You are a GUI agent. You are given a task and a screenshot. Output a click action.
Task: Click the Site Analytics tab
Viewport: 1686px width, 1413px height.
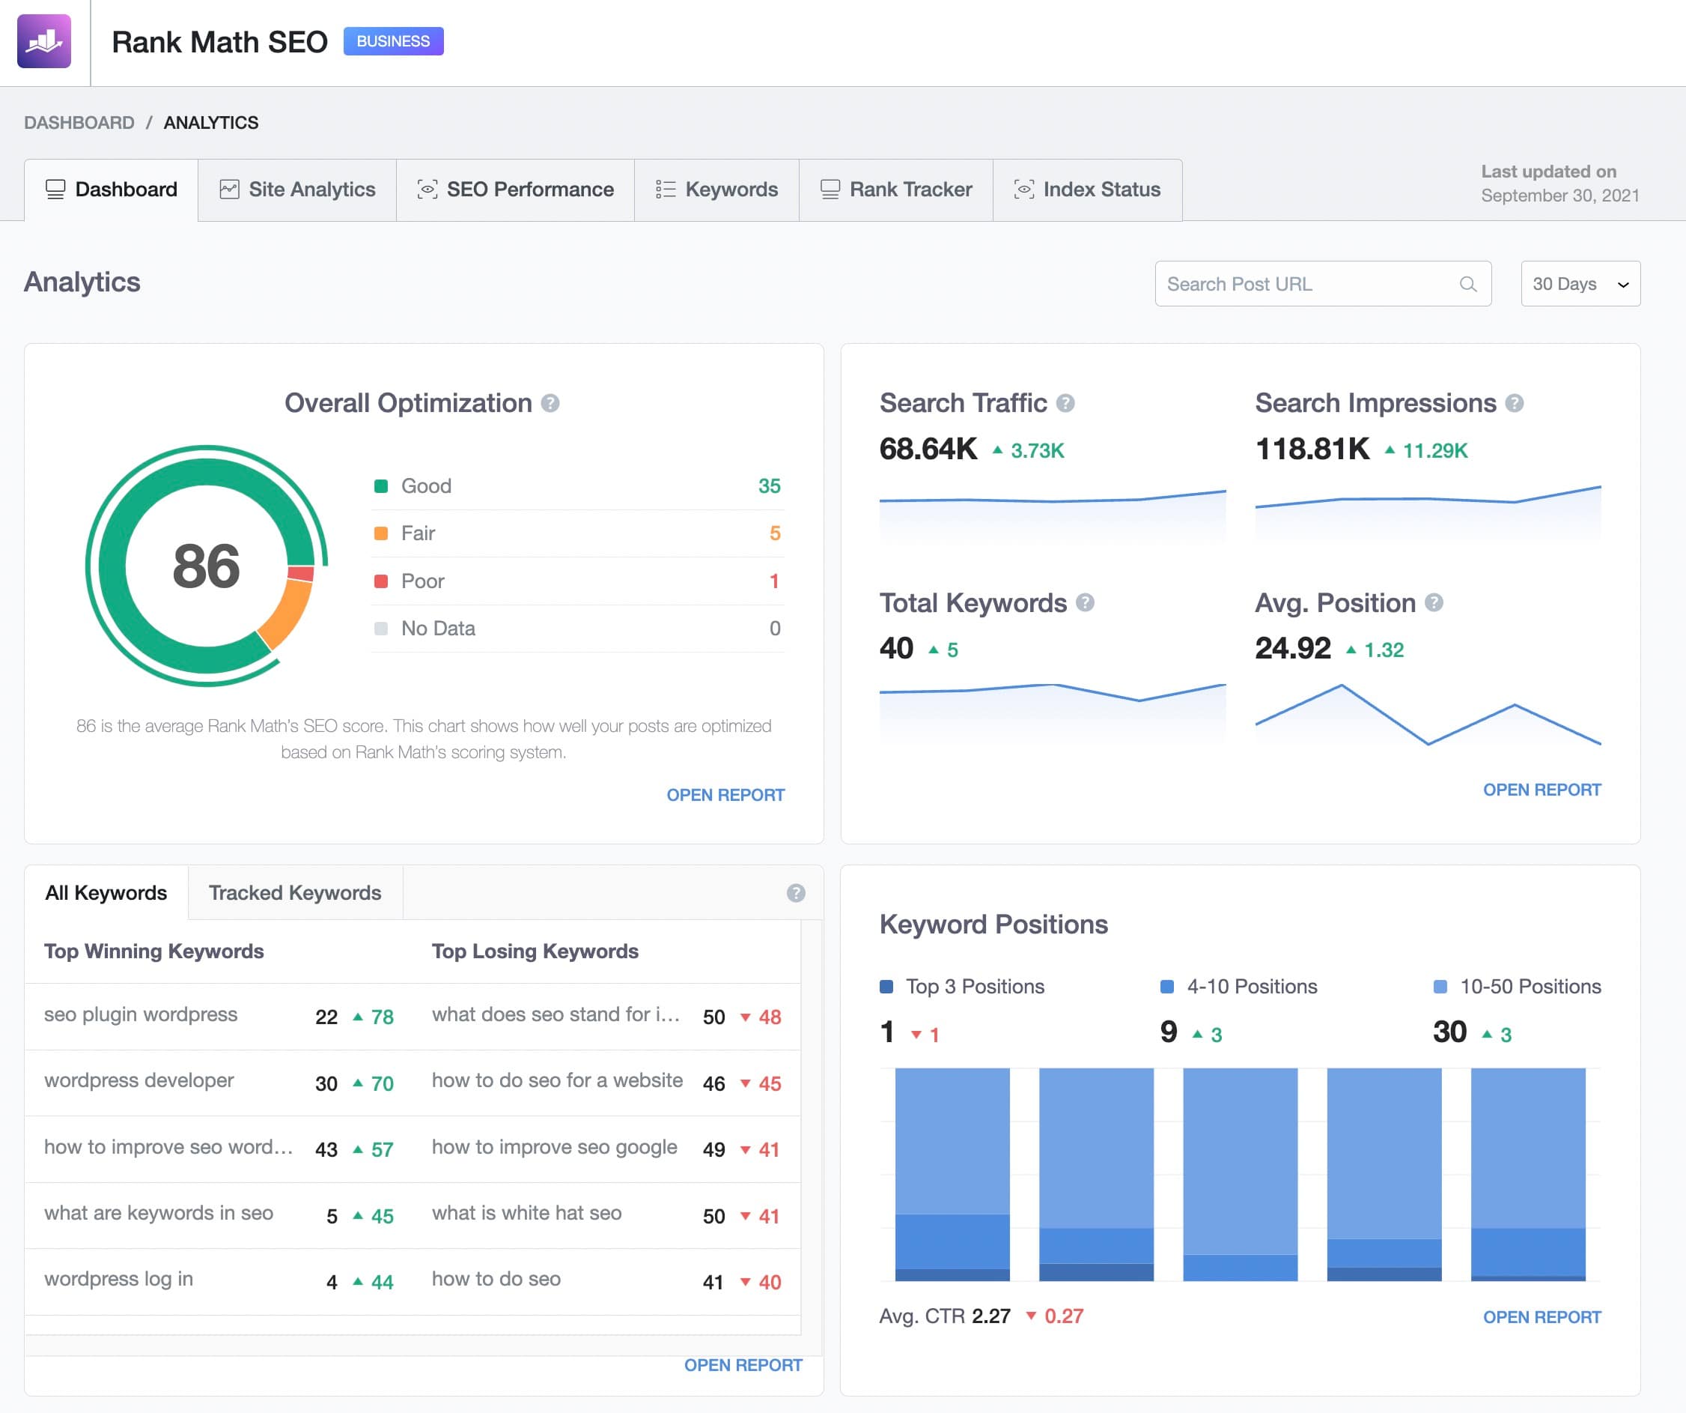tap(297, 190)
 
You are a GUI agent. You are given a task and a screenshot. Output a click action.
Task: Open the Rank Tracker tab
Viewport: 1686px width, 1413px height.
tap(896, 190)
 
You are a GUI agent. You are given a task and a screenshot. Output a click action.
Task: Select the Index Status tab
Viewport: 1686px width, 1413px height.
tap(1088, 190)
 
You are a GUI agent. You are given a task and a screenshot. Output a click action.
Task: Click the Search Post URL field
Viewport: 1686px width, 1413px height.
tap(1309, 283)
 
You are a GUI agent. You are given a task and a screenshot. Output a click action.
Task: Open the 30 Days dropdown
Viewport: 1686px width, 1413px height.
tap(1579, 283)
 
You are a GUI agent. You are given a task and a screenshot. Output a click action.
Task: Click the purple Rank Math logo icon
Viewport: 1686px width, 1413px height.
tap(44, 41)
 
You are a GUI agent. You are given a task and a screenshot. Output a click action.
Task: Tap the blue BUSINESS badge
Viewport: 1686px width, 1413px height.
tap(392, 41)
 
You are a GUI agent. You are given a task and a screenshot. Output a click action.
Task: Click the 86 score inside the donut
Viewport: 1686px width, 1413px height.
tap(207, 566)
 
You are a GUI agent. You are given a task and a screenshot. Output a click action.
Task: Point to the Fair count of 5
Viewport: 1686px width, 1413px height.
tap(775, 533)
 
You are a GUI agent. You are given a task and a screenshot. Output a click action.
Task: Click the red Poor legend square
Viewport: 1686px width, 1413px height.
tap(381, 581)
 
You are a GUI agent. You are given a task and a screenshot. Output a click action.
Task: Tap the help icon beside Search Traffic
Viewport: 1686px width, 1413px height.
tap(1065, 403)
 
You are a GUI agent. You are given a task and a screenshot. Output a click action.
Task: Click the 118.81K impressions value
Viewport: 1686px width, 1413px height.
tap(1312, 449)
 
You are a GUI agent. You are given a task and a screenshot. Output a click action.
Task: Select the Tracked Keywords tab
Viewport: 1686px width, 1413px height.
tap(295, 892)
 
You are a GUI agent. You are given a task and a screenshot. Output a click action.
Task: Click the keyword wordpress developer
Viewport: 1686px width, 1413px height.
tap(139, 1080)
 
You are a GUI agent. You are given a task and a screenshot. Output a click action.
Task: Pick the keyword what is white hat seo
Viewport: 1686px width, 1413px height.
tap(526, 1213)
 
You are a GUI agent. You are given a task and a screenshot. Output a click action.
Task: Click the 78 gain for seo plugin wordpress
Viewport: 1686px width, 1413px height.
tap(381, 1017)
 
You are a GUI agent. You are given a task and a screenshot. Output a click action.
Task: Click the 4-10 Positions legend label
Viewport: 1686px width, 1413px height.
tap(1252, 987)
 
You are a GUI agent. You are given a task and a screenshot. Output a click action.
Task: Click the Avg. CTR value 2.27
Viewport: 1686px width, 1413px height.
tap(990, 1316)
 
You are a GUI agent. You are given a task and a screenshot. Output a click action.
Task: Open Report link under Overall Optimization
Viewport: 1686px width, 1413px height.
tap(725, 794)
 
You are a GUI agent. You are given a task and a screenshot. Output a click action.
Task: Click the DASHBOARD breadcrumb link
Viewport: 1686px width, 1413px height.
tap(79, 123)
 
